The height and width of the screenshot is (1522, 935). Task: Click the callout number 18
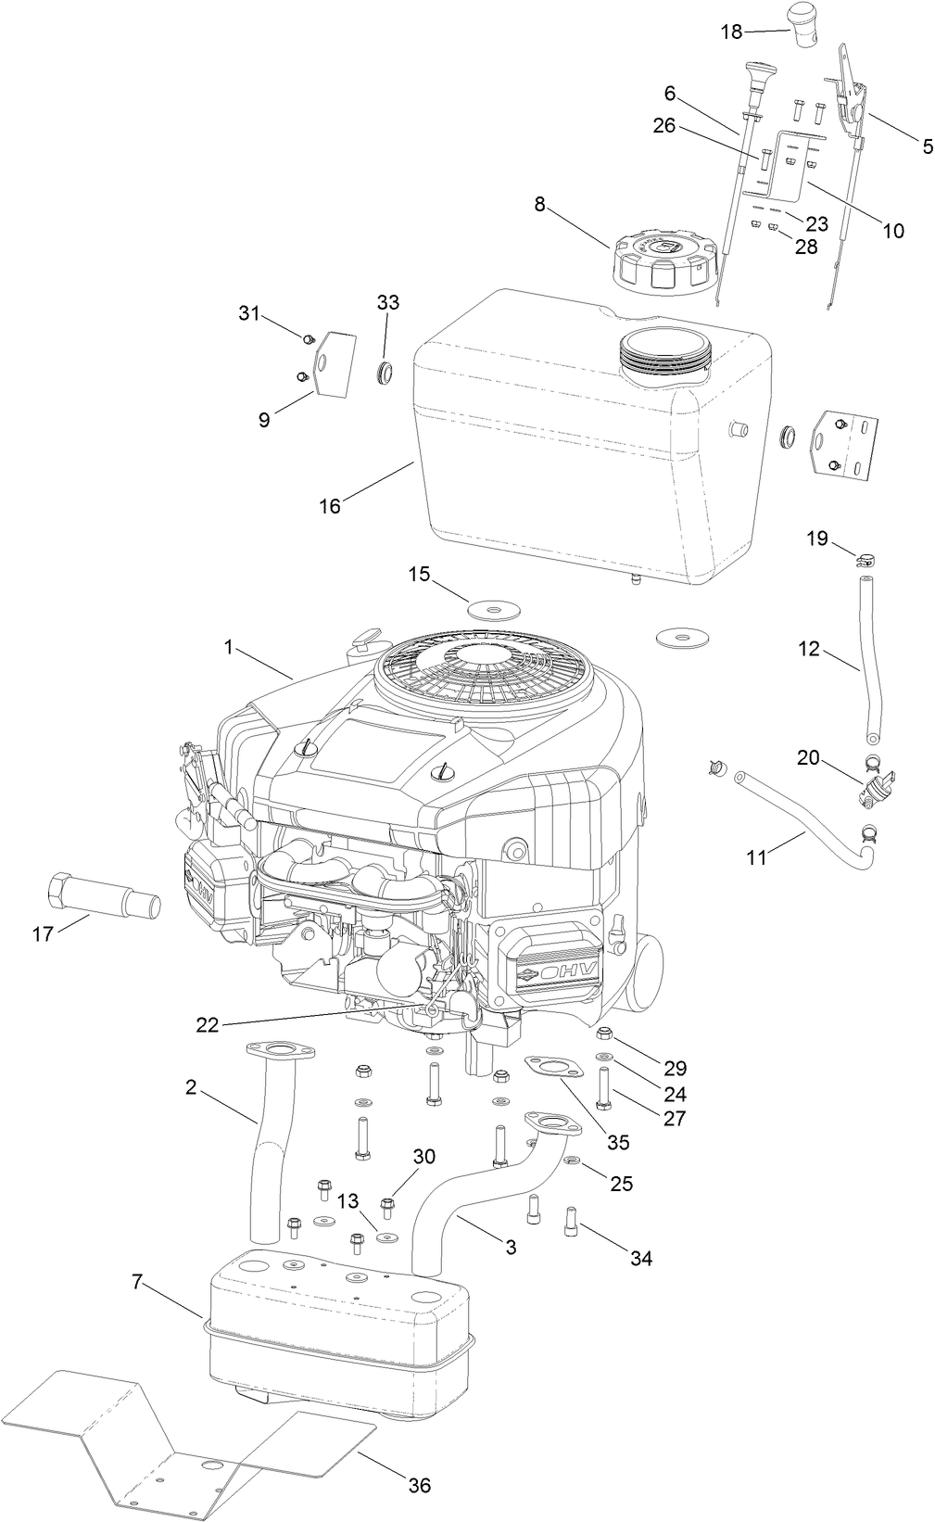tap(731, 32)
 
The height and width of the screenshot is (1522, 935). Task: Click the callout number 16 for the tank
tap(330, 505)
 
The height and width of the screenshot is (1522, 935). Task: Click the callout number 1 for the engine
tap(228, 648)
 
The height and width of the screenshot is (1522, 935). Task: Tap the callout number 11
tap(756, 857)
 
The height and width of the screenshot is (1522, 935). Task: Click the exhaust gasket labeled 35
tap(554, 1067)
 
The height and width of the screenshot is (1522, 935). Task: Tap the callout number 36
tap(420, 1485)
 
